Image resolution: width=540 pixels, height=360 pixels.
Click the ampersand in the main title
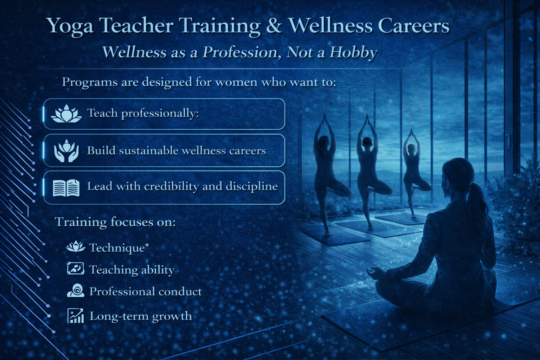tap(274, 26)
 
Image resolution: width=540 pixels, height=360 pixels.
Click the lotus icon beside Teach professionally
tap(66, 114)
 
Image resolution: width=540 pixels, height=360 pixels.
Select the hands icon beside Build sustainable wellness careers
tap(66, 150)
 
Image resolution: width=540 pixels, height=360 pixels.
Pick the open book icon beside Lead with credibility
tap(66, 188)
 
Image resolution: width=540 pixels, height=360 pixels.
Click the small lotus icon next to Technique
tap(76, 246)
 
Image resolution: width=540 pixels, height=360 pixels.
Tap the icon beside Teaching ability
tap(76, 268)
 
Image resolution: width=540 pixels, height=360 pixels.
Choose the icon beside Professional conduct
tap(76, 290)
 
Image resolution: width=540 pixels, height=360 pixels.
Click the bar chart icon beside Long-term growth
tap(76, 315)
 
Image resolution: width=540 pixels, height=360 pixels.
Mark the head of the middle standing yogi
tap(367, 142)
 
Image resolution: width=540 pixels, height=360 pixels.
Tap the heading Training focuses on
tap(115, 222)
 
